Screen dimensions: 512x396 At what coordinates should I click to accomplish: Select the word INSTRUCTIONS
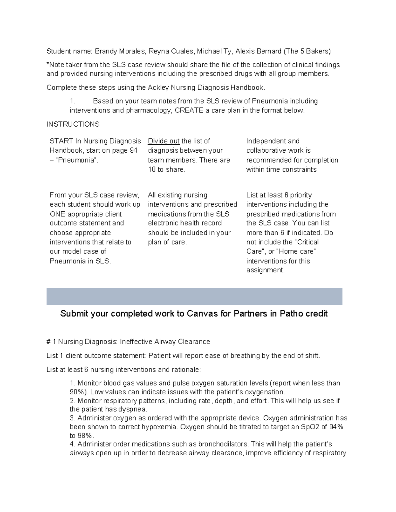point(73,124)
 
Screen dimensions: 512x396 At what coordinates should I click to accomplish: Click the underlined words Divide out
point(164,141)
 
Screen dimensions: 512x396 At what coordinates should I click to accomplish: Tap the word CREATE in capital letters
point(189,110)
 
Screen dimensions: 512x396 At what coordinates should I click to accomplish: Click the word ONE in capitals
point(57,214)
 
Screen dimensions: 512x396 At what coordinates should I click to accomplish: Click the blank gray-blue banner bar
point(194,296)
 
